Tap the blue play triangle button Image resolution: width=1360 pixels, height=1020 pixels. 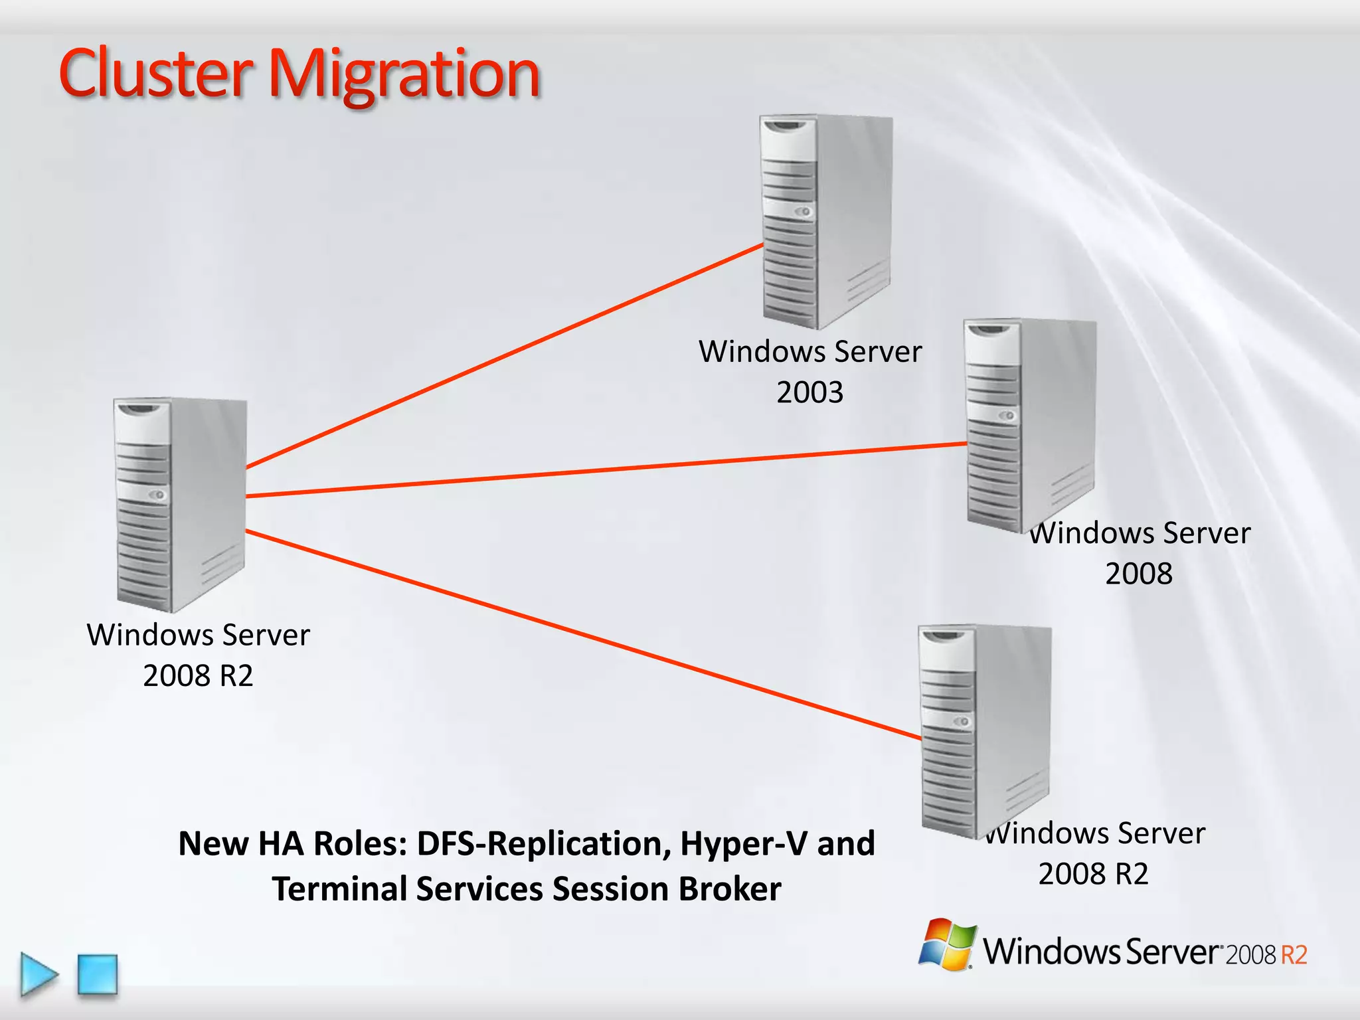click(38, 974)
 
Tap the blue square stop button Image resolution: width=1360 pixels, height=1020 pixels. click(98, 974)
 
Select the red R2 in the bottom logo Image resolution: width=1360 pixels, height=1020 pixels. click(1294, 955)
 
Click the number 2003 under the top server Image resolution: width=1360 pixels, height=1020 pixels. click(809, 392)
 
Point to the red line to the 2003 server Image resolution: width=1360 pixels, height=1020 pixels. click(505, 357)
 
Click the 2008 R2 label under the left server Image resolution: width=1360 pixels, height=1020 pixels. click(198, 675)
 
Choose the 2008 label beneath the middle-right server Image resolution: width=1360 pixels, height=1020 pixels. click(1138, 573)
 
